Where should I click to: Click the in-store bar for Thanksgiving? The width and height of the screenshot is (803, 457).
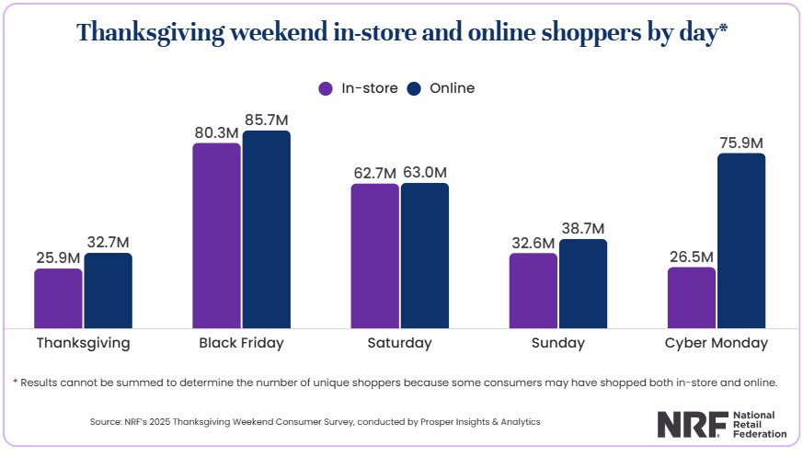click(x=58, y=298)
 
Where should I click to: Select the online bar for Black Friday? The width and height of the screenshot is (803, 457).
click(x=267, y=229)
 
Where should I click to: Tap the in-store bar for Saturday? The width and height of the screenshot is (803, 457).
click(x=374, y=256)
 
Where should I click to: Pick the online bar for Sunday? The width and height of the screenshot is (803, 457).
click(x=583, y=283)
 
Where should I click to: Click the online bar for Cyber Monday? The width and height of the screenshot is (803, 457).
click(x=741, y=240)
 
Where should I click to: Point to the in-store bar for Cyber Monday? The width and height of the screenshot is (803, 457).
click(x=691, y=297)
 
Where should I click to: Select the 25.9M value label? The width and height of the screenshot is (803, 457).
click(x=58, y=257)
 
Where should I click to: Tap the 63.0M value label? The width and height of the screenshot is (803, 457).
click(x=425, y=172)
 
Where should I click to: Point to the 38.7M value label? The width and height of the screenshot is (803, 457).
click(x=583, y=228)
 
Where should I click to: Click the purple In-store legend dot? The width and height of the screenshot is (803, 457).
click(x=325, y=89)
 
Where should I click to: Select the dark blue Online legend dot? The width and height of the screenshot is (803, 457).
click(x=413, y=89)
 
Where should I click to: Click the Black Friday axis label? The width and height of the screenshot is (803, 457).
click(x=241, y=343)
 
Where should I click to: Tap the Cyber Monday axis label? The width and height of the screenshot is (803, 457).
click(x=716, y=343)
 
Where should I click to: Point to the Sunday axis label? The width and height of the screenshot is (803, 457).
click(x=557, y=343)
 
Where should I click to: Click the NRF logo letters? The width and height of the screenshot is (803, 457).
click(x=691, y=423)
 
